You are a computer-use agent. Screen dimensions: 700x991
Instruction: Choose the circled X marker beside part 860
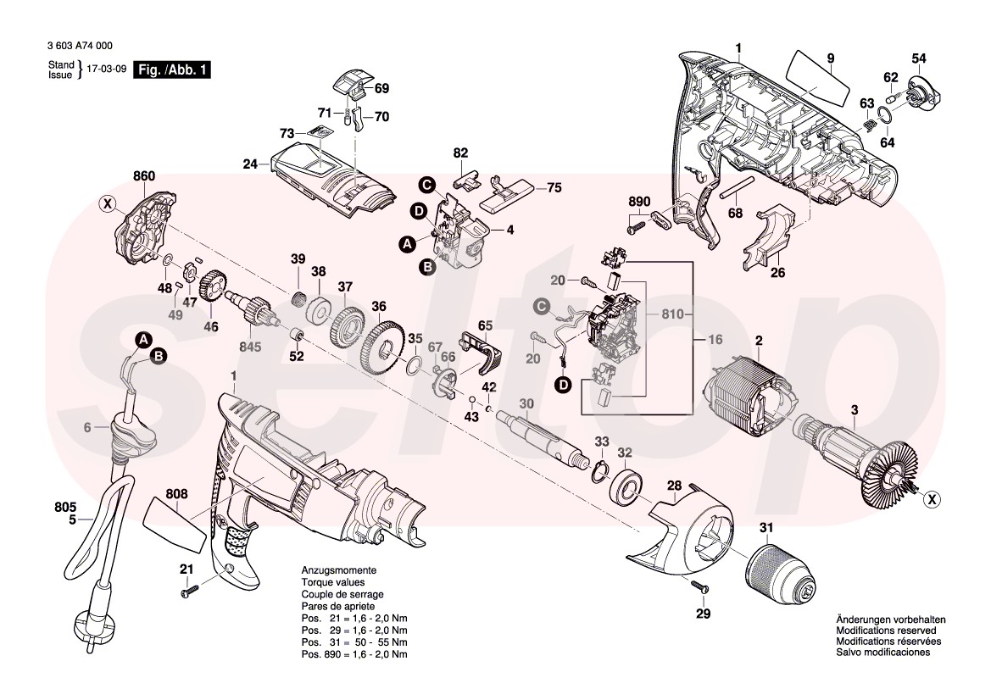click(107, 203)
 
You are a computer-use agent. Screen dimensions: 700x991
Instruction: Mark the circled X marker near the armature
click(930, 500)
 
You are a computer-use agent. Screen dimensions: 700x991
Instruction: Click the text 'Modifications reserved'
click(886, 631)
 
